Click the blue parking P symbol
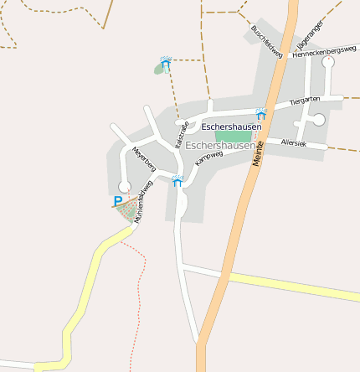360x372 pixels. coord(116,201)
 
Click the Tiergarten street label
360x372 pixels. coord(305,101)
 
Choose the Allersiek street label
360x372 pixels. coord(294,143)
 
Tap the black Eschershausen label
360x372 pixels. coord(232,127)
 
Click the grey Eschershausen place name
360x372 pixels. coord(220,145)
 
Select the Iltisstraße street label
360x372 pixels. coord(182,133)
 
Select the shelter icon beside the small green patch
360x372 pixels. coord(166,63)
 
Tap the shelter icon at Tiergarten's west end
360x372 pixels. coord(261,113)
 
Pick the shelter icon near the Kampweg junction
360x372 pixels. coord(177,180)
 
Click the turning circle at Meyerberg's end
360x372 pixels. coord(124,186)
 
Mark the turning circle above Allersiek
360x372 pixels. coord(318,121)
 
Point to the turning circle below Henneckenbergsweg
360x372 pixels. coord(328,85)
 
